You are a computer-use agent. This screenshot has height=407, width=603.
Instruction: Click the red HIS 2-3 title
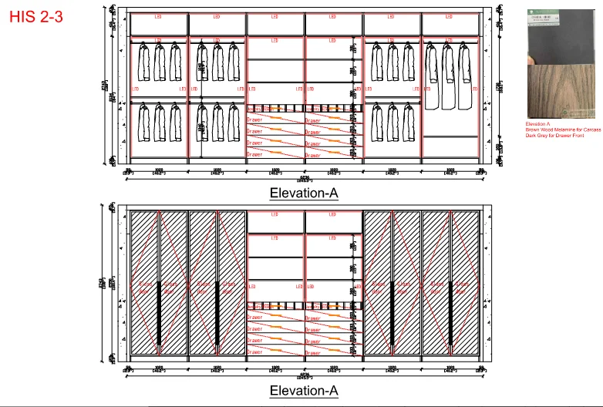(36, 17)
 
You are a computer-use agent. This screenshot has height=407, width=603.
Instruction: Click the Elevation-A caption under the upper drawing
(304, 193)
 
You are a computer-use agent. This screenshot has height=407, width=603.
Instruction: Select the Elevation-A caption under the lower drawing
(304, 392)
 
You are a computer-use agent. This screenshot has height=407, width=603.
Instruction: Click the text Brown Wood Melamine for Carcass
(564, 130)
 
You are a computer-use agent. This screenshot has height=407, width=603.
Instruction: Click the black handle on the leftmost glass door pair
(159, 313)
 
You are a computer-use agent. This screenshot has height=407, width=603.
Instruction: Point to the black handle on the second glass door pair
(217, 313)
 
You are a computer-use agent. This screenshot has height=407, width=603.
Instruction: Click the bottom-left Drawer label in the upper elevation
(254, 154)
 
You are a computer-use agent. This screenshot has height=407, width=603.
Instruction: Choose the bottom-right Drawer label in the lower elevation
(312, 351)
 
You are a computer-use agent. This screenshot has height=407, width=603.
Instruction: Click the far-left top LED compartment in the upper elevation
(158, 23)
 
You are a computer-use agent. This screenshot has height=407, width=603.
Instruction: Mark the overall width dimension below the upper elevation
(305, 179)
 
